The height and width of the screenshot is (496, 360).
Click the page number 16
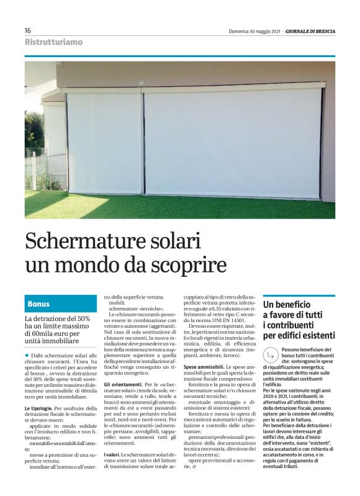28,30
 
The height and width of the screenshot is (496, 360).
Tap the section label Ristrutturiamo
53,43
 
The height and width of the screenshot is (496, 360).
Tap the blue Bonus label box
61,304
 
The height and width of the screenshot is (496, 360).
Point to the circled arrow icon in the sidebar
271,355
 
